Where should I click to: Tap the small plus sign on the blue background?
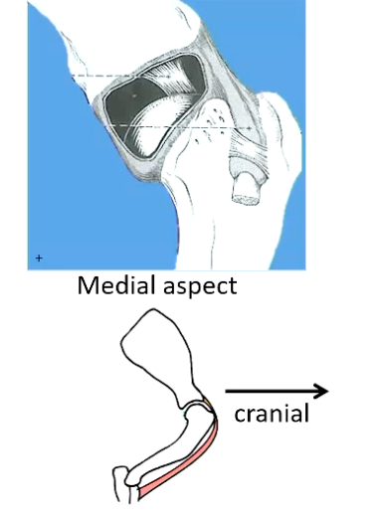[39, 257]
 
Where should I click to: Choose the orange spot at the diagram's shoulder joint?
[205, 403]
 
